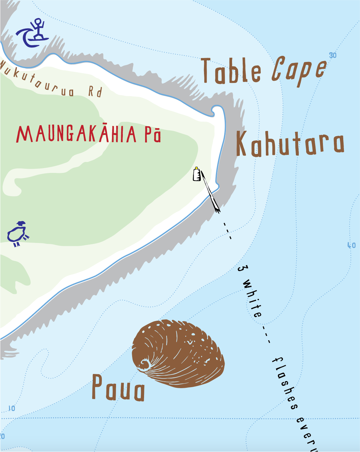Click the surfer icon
tap(33, 33)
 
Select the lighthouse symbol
tap(197, 174)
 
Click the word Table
tap(231, 71)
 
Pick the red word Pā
tap(152, 135)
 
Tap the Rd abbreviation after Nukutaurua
tap(95, 92)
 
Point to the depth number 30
tap(333, 55)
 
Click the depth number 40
tap(352, 245)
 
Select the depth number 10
tap(12, 408)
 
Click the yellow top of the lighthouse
tap(196, 168)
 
